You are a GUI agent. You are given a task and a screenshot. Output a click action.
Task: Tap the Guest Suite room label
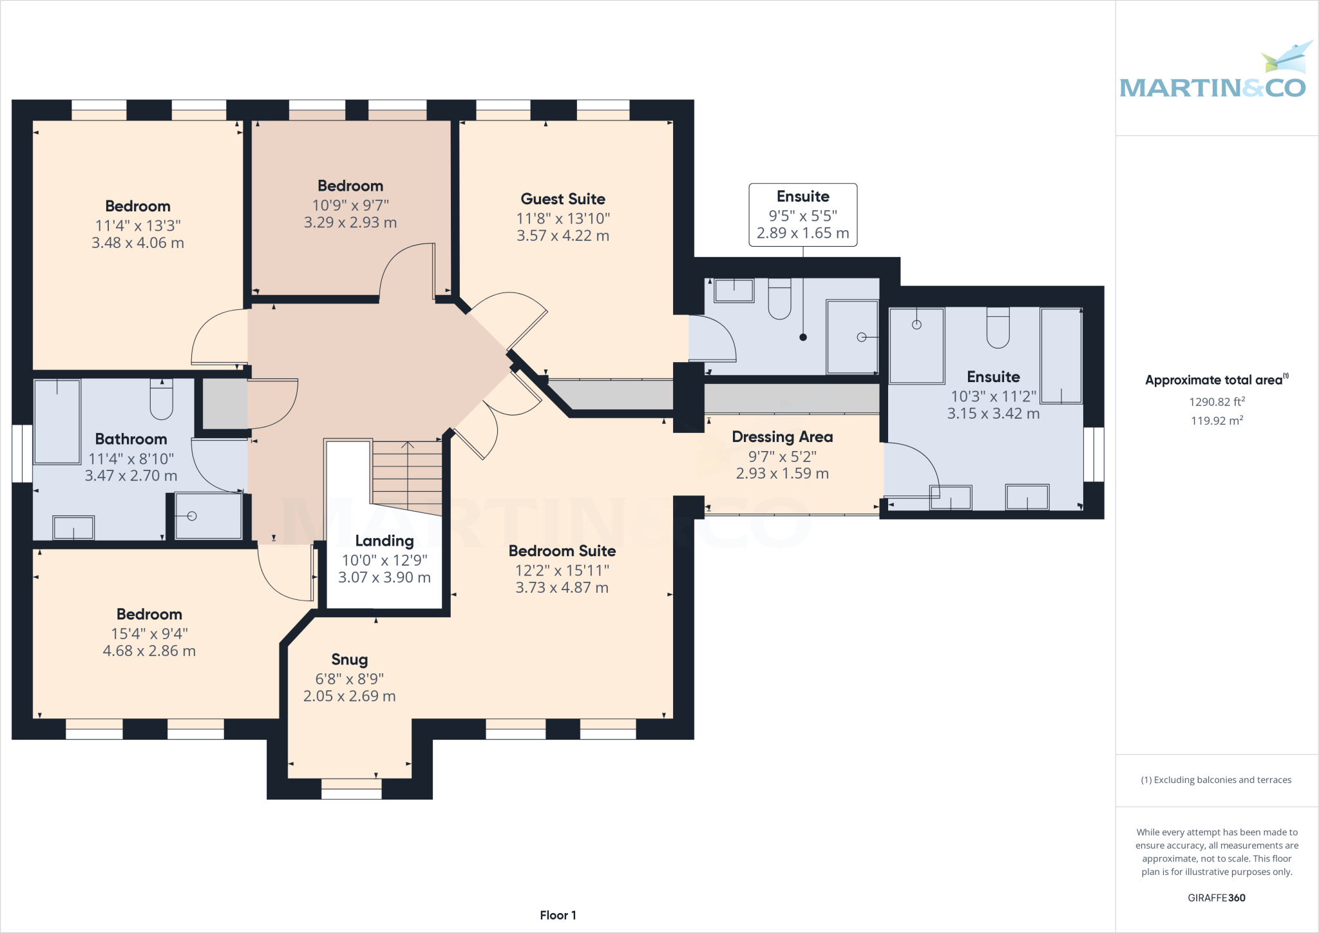point(563,199)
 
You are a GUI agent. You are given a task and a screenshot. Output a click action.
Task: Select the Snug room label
point(350,660)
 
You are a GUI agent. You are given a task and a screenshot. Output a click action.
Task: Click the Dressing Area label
point(783,437)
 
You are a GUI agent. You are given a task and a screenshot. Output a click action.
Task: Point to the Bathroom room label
point(131,439)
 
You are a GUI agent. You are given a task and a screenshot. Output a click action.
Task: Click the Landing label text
point(384,541)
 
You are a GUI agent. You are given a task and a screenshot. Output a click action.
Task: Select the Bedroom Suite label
point(562,551)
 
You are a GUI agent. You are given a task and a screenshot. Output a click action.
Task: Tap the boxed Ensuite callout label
point(803,215)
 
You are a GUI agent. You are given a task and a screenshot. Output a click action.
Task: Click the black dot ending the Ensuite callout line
point(803,337)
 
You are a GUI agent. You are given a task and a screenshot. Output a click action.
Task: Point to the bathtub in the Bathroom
point(57,421)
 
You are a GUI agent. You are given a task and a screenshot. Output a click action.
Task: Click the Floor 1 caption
point(558,916)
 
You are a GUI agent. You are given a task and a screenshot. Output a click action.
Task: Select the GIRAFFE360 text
point(1217,898)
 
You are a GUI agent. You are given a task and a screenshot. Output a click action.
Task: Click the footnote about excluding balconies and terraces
point(1217,780)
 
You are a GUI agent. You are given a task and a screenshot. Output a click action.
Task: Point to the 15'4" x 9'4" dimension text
point(149,634)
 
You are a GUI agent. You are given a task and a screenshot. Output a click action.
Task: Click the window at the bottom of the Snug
point(351,789)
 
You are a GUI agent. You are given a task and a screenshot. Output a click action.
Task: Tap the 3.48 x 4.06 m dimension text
point(138,243)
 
